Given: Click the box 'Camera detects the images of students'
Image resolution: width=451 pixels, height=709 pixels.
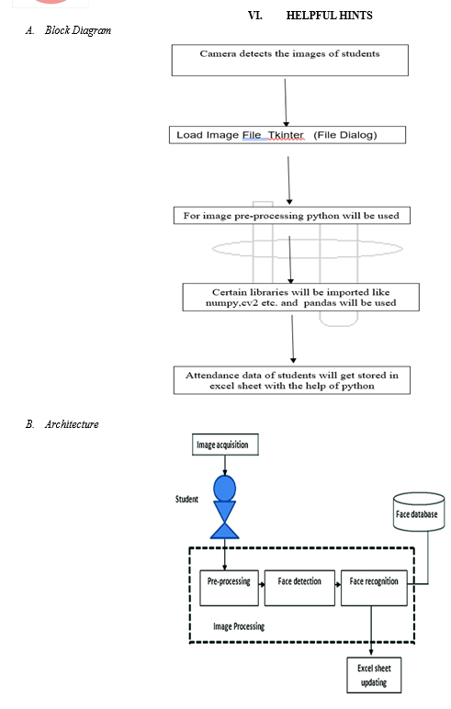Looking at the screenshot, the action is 290,60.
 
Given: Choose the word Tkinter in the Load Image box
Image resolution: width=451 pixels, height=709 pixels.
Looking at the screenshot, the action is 286,135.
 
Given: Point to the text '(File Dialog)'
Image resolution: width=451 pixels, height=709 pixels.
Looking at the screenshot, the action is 345,135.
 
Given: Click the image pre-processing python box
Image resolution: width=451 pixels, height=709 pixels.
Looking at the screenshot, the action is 292,216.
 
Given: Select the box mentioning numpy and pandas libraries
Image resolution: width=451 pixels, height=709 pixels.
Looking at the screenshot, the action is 300,297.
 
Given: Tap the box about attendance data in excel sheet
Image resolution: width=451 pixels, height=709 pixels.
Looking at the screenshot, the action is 292,380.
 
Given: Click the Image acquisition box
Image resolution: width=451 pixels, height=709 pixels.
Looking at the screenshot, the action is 225,445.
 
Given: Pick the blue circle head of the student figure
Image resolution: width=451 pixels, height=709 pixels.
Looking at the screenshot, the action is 225,489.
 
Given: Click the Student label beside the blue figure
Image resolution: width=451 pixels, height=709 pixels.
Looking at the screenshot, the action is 186,500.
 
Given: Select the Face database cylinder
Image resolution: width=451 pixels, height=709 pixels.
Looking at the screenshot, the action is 419,512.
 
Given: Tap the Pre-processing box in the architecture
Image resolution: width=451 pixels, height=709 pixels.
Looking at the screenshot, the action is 229,588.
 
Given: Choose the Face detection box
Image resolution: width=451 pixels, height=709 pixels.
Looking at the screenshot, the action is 299,588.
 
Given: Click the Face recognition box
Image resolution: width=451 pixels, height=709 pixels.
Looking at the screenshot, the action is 374,588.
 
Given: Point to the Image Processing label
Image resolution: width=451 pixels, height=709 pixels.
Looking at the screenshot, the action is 239,626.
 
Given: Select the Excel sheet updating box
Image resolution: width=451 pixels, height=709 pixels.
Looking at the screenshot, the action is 374,675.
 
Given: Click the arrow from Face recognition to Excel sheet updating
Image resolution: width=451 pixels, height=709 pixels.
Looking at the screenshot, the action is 371,630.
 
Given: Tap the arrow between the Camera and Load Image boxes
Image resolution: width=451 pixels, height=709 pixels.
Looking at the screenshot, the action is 286,103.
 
